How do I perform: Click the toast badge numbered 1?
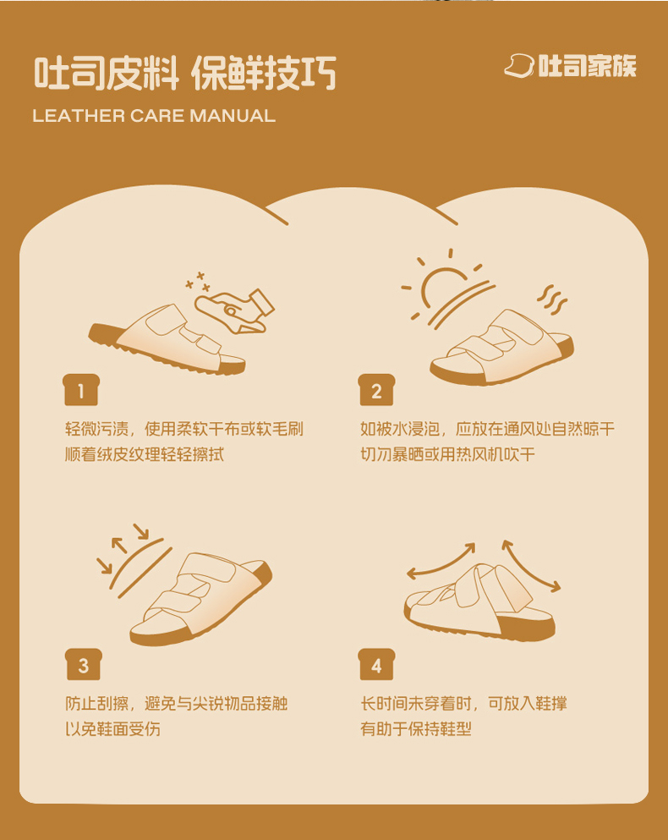pyautogui.click(x=81, y=390)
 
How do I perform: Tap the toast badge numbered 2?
pyautogui.click(x=376, y=390)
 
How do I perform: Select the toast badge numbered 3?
pyautogui.click(x=84, y=665)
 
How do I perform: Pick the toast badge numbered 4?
pyautogui.click(x=376, y=665)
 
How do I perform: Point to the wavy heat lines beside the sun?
pyautogui.click(x=552, y=300)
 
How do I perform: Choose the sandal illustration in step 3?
pyautogui.click(x=201, y=599)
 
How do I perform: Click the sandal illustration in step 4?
pyautogui.click(x=479, y=601)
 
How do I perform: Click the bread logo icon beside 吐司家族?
pyautogui.click(x=519, y=66)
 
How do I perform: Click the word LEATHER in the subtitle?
pyautogui.click(x=78, y=116)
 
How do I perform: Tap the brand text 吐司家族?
pyautogui.click(x=587, y=66)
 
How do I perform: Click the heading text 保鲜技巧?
pyautogui.click(x=264, y=73)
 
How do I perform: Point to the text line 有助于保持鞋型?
pyautogui.click(x=416, y=729)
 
